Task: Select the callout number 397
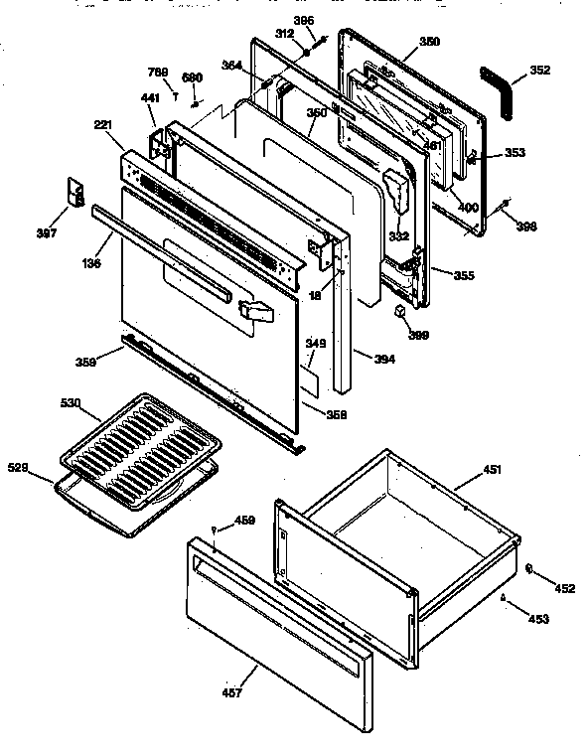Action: coord(46,232)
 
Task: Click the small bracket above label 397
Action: coord(73,192)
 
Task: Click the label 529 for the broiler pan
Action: coord(18,466)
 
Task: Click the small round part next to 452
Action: coord(528,569)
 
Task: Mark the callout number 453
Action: coord(536,620)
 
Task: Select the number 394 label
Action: coord(383,358)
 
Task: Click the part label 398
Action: coord(526,226)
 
